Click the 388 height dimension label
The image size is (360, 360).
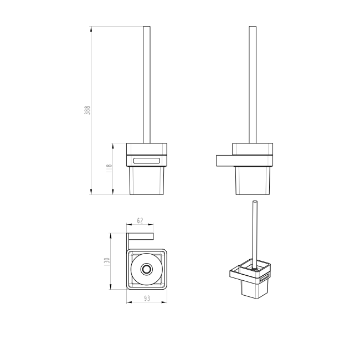pos(88,110)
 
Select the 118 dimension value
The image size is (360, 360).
pos(109,168)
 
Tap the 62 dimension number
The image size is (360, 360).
pos(140,220)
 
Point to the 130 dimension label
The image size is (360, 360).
pos(107,262)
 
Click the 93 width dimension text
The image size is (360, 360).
pos(147,298)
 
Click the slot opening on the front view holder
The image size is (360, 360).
pos(147,161)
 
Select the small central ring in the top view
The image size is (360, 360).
pos(146,269)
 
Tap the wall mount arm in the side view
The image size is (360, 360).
pos(224,161)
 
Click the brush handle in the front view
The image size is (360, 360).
pos(147,85)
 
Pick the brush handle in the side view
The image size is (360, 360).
pos(253,85)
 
